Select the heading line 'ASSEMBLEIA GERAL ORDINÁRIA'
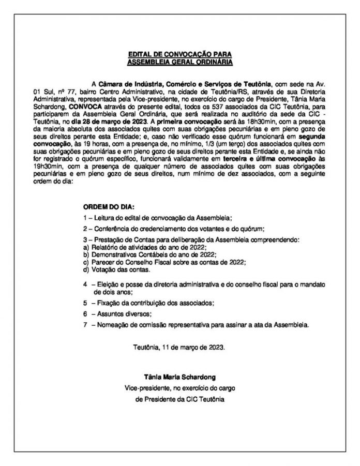tap(181, 61)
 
